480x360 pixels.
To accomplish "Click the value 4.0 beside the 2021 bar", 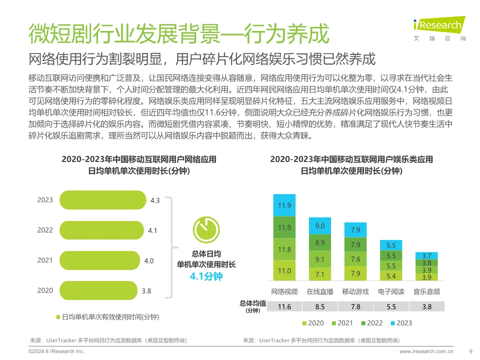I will (148, 260).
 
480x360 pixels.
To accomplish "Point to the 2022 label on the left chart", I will (44, 230).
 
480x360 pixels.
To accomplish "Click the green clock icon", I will (206, 229).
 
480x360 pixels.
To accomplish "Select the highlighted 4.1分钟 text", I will (206, 276).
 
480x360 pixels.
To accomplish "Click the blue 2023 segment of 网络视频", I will (284, 205).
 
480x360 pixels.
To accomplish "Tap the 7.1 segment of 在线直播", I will (320, 274).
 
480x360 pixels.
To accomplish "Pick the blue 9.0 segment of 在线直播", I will (320, 226).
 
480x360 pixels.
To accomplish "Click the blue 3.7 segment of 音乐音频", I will (426, 255).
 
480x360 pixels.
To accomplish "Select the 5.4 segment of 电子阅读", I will (391, 275).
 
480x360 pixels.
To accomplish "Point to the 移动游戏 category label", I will (355, 291).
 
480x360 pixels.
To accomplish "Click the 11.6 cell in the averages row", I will (284, 306).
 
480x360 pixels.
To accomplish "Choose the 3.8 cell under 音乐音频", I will (426, 306).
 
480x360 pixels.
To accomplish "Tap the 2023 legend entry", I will (399, 323).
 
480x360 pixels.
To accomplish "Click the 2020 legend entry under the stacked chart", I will (312, 323).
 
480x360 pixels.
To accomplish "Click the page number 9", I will (470, 351).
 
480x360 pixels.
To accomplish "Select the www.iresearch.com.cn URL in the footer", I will (426, 351).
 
